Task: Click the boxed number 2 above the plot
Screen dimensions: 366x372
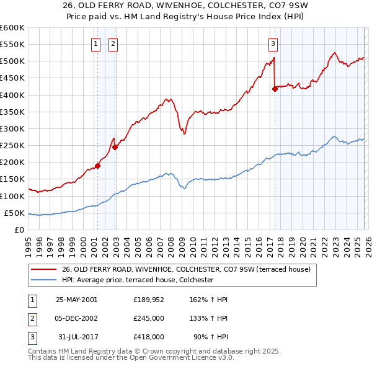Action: pos(113,43)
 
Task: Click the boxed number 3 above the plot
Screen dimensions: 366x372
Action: pos(273,43)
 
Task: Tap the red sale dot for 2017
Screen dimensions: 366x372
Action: pos(274,89)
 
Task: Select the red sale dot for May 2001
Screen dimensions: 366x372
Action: pos(97,166)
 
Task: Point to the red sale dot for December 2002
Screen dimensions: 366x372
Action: pos(115,147)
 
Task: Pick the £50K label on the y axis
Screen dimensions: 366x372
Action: pos(15,213)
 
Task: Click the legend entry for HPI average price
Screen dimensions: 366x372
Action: pos(138,280)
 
